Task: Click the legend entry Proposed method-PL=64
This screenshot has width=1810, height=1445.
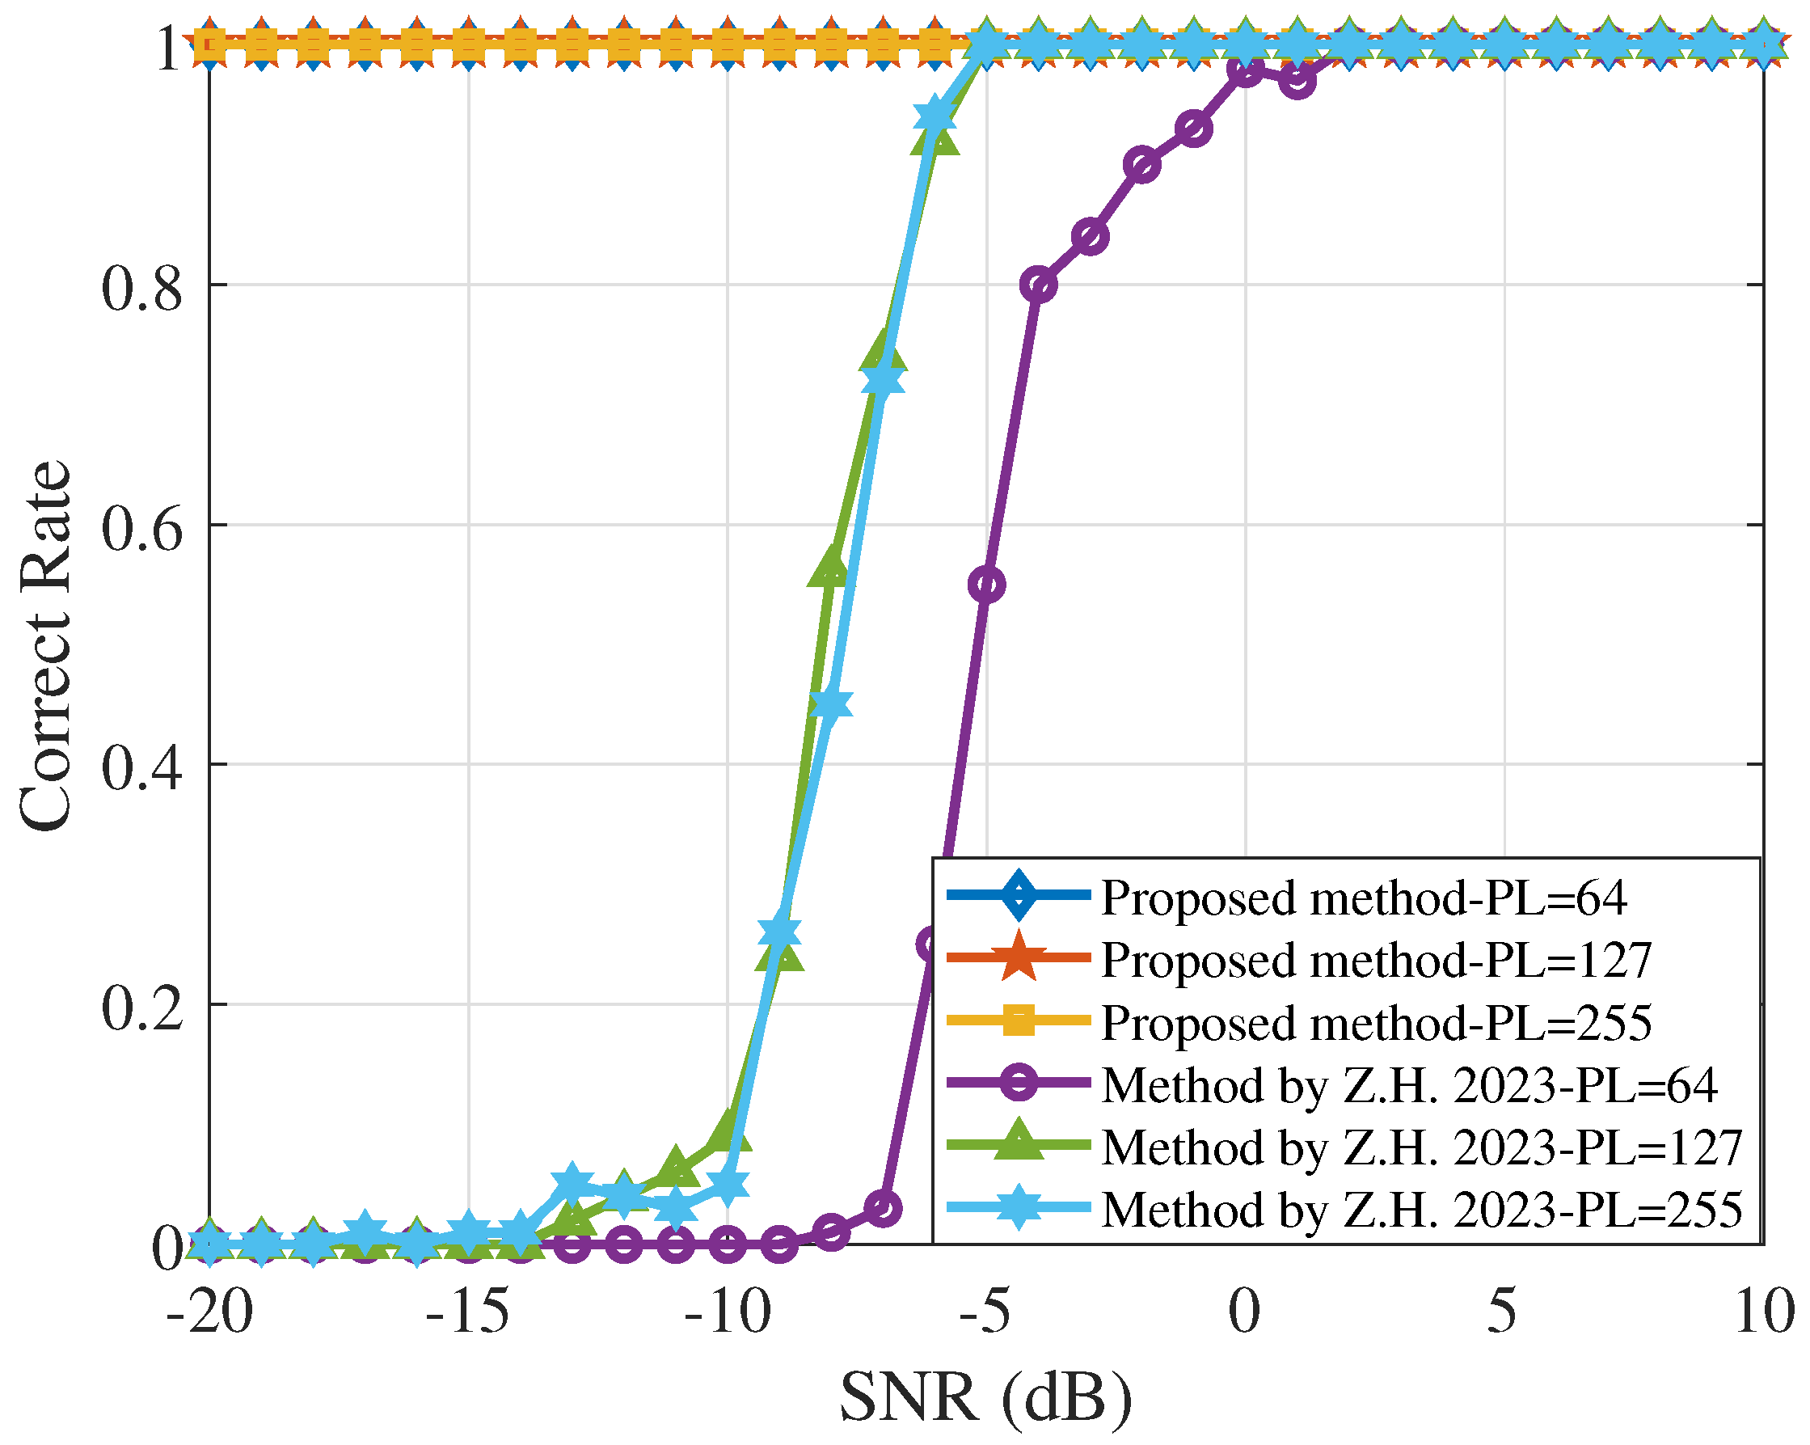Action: pyautogui.click(x=1364, y=898)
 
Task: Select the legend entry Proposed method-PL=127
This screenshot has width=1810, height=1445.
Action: pyautogui.click(x=1376, y=961)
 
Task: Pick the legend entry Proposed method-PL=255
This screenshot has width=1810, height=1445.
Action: pyautogui.click(x=1376, y=1023)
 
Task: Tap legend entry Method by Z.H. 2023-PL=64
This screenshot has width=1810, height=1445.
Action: pyautogui.click(x=1410, y=1085)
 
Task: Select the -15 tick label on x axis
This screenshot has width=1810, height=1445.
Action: pyautogui.click(x=467, y=1312)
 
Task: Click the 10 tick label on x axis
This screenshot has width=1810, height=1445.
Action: pyautogui.click(x=1763, y=1312)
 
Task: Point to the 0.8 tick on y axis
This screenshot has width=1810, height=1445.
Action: pyautogui.click(x=141, y=289)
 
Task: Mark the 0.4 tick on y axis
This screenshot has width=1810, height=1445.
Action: pyautogui.click(x=141, y=768)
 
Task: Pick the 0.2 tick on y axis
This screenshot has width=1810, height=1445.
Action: pyautogui.click(x=141, y=1008)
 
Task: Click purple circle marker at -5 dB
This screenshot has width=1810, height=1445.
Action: pyautogui.click(x=987, y=585)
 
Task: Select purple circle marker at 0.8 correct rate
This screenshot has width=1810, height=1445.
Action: pyautogui.click(x=1039, y=285)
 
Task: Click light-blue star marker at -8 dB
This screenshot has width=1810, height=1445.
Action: pyautogui.click(x=831, y=704)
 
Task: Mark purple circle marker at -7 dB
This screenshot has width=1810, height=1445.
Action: pyautogui.click(x=883, y=1208)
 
